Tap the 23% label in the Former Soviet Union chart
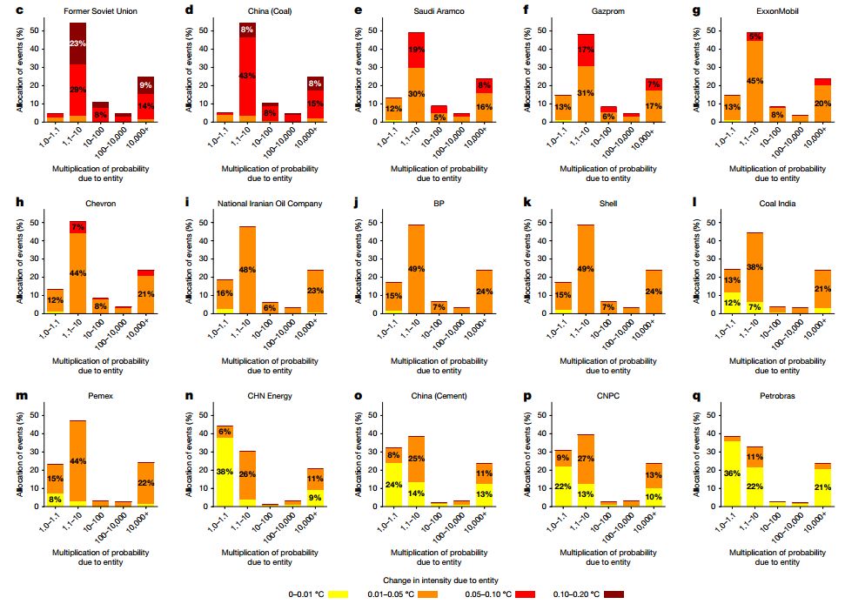click(x=78, y=44)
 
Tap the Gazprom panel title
click(x=581, y=10)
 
